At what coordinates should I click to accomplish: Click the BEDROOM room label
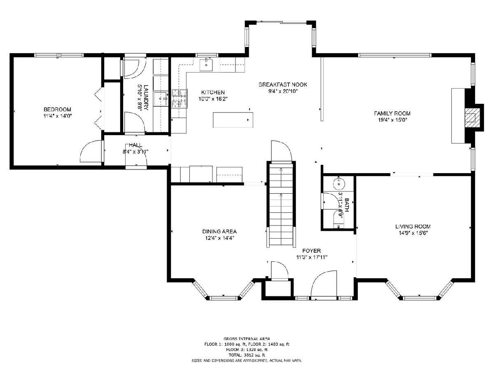pos(57,110)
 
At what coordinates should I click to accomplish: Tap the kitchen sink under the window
pos(206,65)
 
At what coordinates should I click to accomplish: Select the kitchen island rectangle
pos(233,120)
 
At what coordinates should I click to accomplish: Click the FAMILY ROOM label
pos(392,113)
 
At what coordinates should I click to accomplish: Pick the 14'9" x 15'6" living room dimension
pos(413,233)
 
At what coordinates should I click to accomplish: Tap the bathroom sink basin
pos(338,183)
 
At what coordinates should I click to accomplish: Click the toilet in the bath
pos(339,219)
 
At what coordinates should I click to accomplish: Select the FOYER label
pos(312,251)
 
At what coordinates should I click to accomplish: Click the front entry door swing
pos(324,285)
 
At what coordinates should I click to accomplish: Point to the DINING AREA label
pos(219,231)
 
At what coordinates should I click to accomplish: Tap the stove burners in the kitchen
pos(179,98)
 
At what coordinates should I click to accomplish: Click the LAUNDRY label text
pos(146,97)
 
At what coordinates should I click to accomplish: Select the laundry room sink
pos(161,99)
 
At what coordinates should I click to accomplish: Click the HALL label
pos(135,145)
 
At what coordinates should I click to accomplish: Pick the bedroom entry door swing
pos(91,151)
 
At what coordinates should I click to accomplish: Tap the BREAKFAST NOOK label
pos(283,85)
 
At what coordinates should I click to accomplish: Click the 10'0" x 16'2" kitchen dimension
pos(213,99)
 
